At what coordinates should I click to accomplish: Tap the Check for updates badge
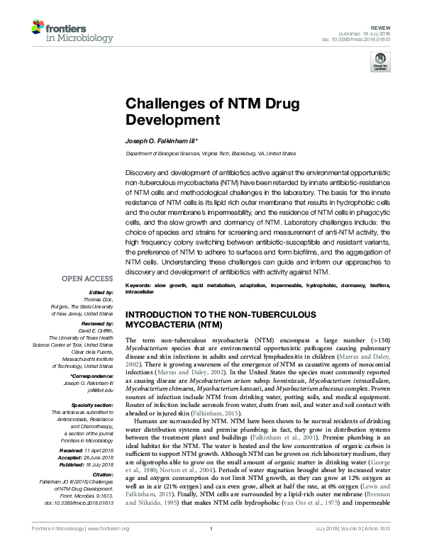point(379,65)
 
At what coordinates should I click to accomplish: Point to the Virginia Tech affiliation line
point(211,153)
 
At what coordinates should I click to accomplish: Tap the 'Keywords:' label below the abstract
point(139,285)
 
